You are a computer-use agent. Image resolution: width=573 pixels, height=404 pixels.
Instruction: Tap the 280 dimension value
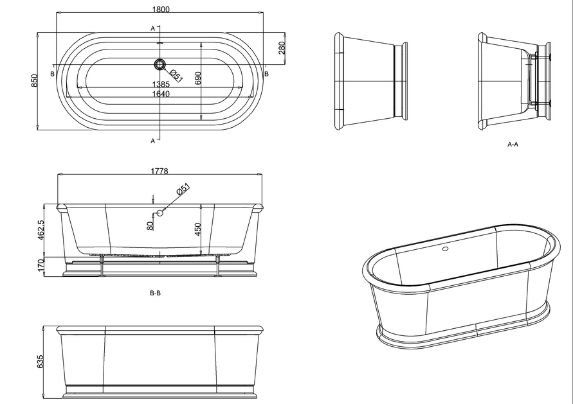click(281, 49)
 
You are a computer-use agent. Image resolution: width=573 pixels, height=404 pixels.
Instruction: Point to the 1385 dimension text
click(161, 85)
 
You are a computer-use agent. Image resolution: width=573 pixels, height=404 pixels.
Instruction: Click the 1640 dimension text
click(161, 94)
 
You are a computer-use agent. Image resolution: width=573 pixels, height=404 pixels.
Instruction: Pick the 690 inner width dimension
click(199, 78)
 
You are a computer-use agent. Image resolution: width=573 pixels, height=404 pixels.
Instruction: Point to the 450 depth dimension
click(199, 229)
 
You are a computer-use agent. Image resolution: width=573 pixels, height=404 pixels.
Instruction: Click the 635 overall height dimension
click(41, 362)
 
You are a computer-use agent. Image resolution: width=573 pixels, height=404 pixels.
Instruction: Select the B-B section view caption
click(155, 293)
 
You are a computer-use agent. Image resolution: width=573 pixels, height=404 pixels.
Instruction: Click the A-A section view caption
click(513, 145)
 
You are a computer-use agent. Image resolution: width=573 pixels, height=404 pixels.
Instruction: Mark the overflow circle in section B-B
click(160, 213)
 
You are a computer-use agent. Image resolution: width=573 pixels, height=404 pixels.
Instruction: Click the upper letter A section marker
click(152, 28)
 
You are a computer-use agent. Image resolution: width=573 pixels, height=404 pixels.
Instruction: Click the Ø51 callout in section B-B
click(183, 190)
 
